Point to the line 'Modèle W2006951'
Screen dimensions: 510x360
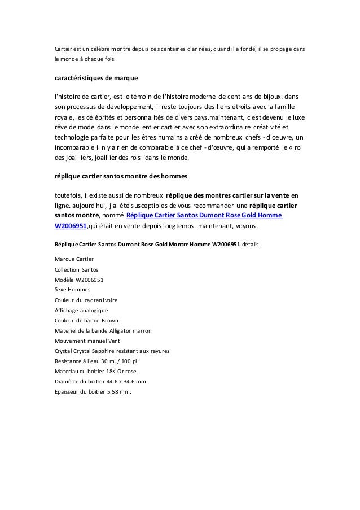coord(78,279)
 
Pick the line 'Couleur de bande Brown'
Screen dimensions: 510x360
coord(85,320)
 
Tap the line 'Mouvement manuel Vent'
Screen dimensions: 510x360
coord(87,341)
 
